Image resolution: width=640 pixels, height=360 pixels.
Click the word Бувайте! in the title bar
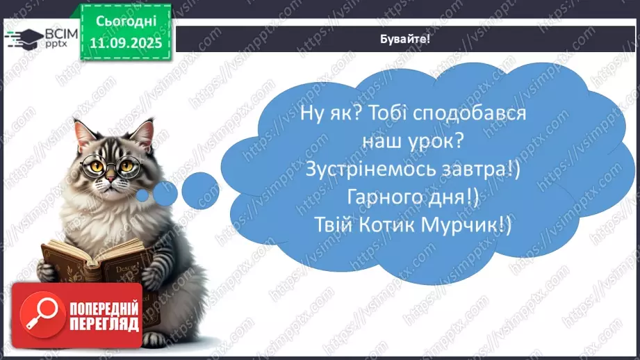(406, 39)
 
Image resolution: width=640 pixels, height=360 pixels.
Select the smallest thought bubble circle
(142, 196)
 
